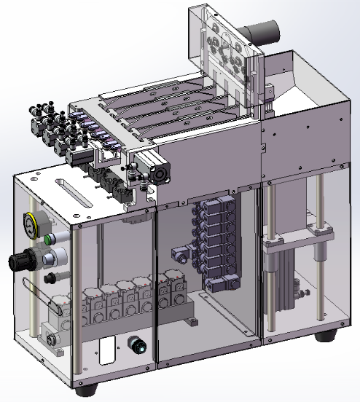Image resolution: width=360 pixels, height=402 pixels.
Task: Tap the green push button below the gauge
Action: (49, 238)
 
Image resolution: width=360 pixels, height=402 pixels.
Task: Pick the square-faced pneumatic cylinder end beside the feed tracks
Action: (159, 174)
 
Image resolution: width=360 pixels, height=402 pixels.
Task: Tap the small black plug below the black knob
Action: (49, 277)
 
